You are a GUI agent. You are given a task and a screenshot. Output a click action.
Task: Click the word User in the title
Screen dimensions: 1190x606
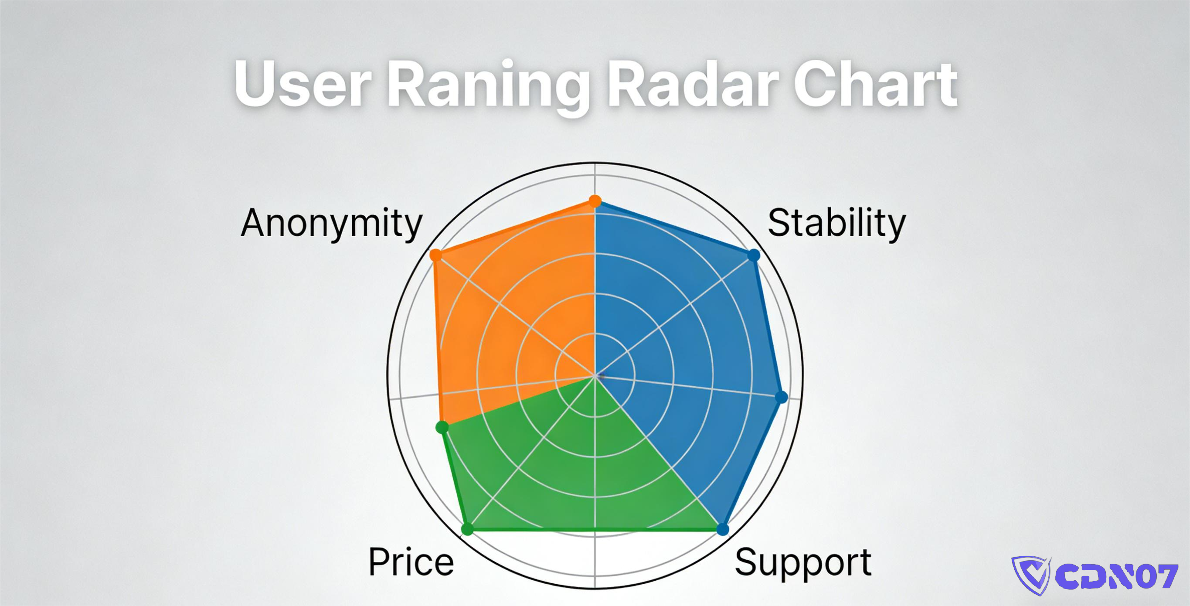point(303,84)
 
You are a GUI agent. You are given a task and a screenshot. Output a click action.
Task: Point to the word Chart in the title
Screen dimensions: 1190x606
point(875,84)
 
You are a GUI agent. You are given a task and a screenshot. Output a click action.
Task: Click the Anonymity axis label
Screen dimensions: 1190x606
point(332,224)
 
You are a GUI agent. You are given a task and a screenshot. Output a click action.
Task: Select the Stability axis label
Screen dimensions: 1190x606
point(836,224)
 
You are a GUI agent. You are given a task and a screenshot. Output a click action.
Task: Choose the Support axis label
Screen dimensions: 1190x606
point(803,564)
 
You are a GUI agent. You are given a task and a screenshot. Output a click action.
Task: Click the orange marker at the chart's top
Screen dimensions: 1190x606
point(595,201)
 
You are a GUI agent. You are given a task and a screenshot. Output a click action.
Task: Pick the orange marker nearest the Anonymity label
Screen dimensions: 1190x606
point(435,255)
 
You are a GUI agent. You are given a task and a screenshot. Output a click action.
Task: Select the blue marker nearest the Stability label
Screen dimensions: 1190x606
point(754,255)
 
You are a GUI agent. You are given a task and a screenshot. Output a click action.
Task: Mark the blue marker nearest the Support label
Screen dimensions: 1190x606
point(723,529)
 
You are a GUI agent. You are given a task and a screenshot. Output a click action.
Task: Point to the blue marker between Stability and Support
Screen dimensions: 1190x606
point(781,397)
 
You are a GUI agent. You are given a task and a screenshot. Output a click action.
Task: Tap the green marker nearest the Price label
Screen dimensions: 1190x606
point(467,529)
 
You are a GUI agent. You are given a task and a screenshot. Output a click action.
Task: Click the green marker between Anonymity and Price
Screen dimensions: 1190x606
point(442,427)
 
